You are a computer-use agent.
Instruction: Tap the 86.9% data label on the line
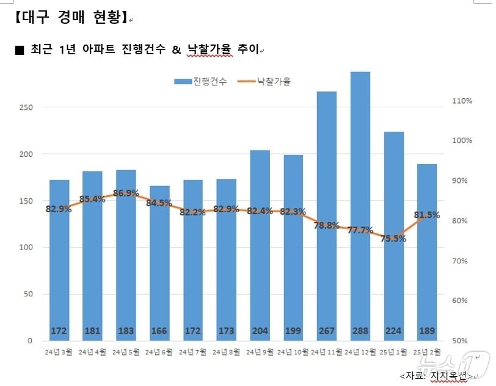126,193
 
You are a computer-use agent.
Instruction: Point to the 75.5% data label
393,239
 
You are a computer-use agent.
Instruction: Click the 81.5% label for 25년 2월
427,215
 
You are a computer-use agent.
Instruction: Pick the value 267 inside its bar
327,331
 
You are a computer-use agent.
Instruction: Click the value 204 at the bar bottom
260,331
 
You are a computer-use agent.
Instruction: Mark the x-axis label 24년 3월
59,352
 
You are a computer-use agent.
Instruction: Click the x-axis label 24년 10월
293,352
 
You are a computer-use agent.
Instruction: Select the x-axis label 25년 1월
393,352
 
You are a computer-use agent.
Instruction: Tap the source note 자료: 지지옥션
436,374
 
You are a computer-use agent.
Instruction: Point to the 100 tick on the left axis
25,248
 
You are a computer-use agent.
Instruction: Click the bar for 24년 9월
260,244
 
